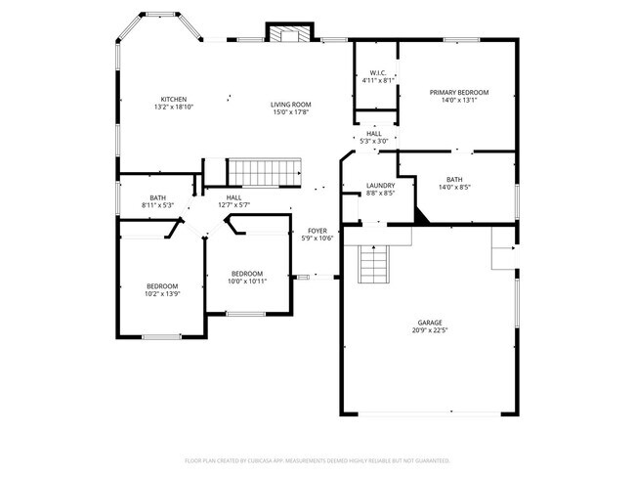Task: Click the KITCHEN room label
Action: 174,100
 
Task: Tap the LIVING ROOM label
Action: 290,105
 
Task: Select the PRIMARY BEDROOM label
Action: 459,92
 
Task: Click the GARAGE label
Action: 430,323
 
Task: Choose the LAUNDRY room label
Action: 380,186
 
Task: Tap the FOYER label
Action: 318,231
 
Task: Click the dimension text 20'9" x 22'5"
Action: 430,330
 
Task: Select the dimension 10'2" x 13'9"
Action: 162,293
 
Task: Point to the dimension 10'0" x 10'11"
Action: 247,281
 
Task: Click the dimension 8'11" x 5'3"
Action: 157,205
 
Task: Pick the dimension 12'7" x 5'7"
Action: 234,205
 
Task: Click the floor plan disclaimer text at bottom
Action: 317,459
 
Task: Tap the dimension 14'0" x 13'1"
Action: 459,100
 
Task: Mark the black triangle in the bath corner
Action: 421,216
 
